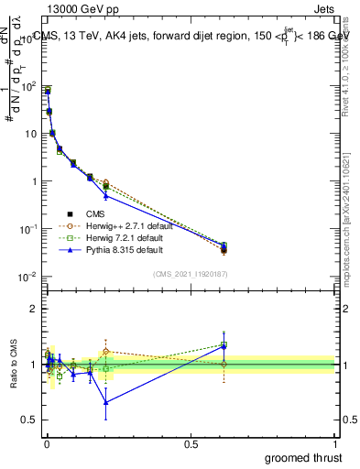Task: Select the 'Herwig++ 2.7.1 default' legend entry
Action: (119, 226)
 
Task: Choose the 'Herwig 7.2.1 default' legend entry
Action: (117, 237)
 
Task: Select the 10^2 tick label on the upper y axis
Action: (27, 87)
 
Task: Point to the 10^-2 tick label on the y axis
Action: (27, 277)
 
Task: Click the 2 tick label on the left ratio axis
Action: (34, 309)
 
